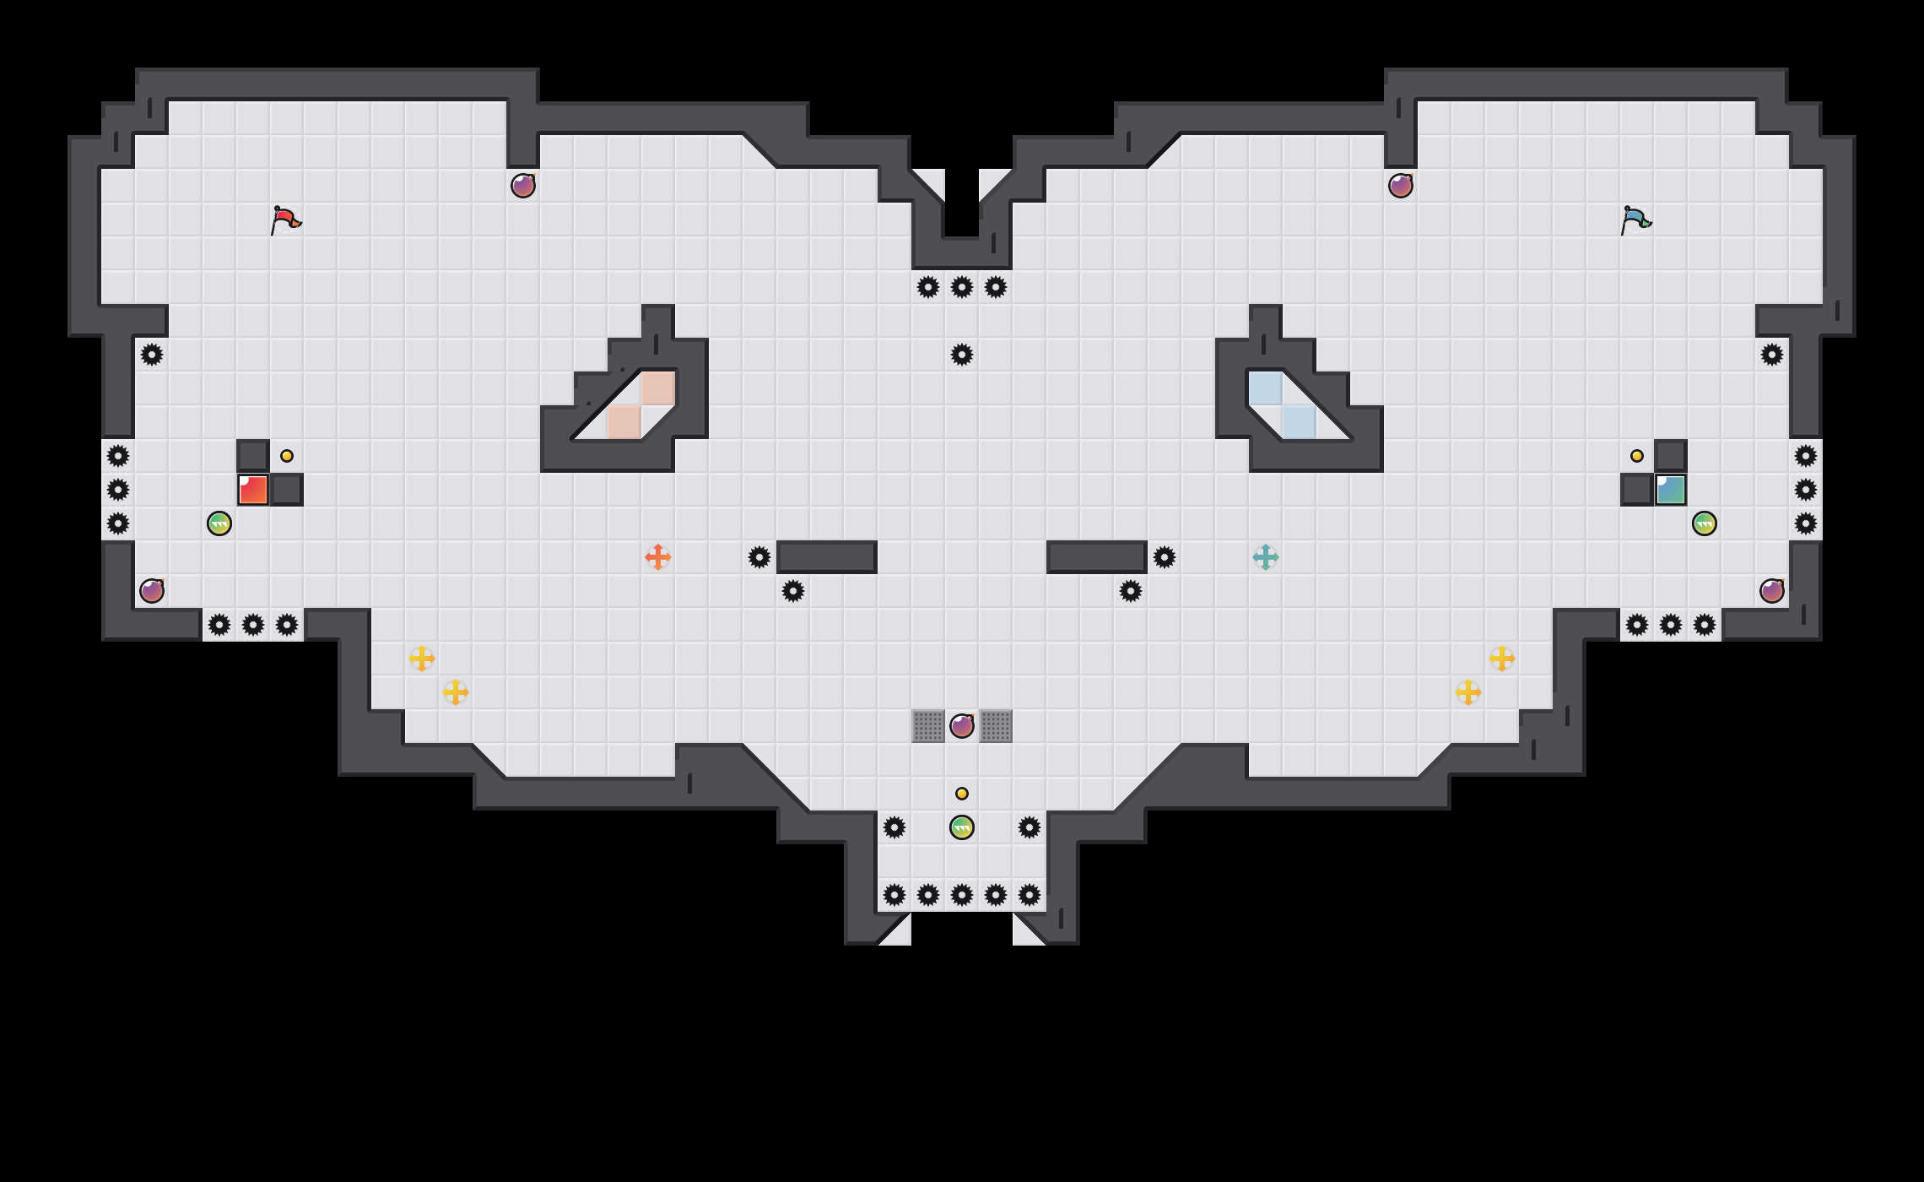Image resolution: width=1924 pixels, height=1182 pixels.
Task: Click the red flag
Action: click(285, 220)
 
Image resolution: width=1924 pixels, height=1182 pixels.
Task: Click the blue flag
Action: click(1635, 220)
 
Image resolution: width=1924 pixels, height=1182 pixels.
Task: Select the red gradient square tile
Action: click(253, 490)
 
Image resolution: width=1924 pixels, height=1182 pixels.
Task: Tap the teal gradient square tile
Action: click(1671, 490)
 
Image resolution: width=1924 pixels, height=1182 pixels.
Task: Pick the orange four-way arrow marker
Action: click(658, 557)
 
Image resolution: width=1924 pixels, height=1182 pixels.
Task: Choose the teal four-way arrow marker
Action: click(1266, 557)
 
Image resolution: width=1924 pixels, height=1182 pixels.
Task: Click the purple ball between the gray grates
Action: click(962, 726)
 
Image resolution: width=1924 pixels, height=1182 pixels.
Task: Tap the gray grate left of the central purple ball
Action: click(928, 726)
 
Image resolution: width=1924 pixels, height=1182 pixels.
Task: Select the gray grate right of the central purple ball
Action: click(996, 726)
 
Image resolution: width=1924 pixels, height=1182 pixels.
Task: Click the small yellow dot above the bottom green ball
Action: click(962, 794)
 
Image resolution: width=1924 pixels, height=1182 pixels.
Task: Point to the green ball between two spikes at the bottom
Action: click(962, 827)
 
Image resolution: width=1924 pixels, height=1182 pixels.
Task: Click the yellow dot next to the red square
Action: click(287, 456)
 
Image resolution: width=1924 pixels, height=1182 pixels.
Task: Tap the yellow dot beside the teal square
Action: click(1637, 456)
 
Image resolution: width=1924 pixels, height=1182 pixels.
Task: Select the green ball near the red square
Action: click(219, 523)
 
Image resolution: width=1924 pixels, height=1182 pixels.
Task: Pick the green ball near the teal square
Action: click(1705, 523)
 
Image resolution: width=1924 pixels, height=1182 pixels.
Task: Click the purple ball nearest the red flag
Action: click(523, 186)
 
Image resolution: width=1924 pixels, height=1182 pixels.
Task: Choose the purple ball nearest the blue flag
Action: click(1401, 186)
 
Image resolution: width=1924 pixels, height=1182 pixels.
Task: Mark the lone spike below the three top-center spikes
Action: click(962, 355)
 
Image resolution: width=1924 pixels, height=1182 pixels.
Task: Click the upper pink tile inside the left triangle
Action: click(658, 388)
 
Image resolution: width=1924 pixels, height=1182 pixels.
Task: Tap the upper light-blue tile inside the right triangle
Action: click(1266, 388)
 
